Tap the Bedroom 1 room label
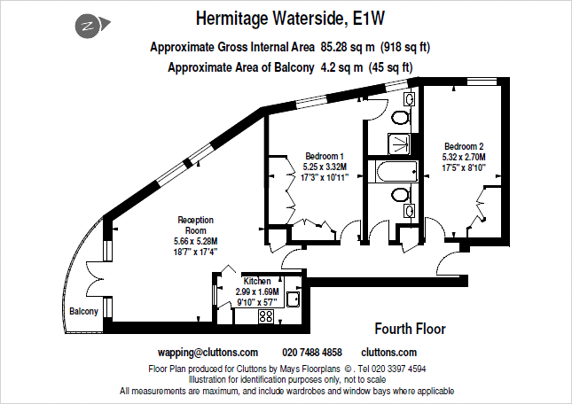click(325, 155)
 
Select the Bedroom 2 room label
click(464, 146)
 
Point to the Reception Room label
click(195, 225)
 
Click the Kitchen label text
click(257, 281)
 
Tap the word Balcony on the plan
click(84, 311)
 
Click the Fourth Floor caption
click(410, 329)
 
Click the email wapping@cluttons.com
click(208, 352)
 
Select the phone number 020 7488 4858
click(311, 352)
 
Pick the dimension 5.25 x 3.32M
click(325, 166)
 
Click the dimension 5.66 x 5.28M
click(195, 241)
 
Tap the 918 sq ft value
click(412, 46)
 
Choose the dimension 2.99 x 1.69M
click(257, 291)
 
